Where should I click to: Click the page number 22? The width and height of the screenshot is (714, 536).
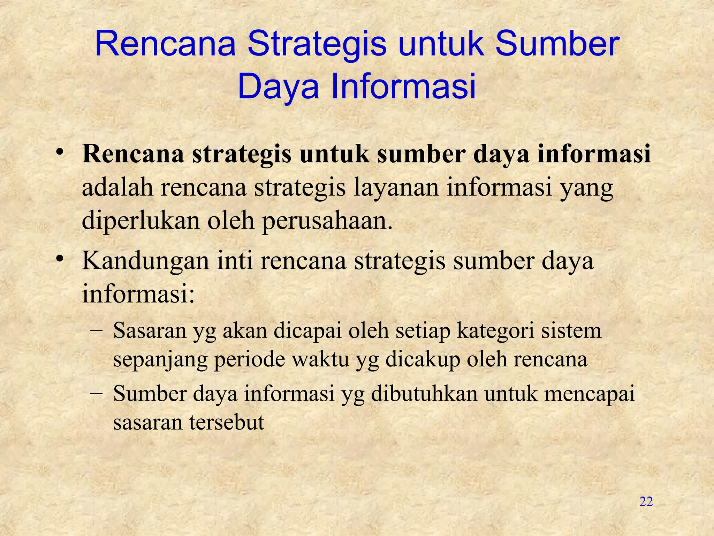pos(646,501)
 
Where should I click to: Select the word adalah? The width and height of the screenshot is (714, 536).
pos(117,187)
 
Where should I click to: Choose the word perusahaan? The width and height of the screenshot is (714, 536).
pos(327,221)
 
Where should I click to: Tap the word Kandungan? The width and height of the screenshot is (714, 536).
pos(145,261)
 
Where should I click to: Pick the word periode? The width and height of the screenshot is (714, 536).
pos(249,359)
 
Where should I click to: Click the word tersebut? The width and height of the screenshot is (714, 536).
pos(227,422)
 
